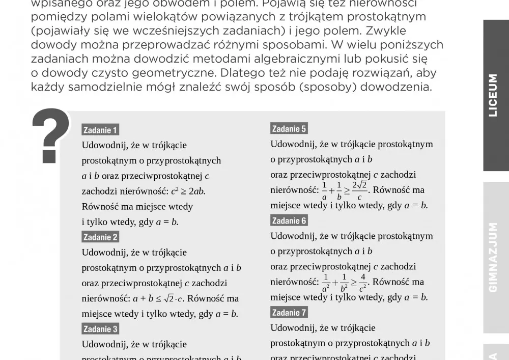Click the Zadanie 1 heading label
(100, 130)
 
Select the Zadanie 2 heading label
(100, 237)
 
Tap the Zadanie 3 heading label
(100, 329)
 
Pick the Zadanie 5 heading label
(289, 129)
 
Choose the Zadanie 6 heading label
(289, 220)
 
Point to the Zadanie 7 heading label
(289, 313)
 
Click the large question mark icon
(50, 135)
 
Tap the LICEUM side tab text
(493, 95)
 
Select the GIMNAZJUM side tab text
(493, 257)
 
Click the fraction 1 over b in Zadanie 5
(339, 191)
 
